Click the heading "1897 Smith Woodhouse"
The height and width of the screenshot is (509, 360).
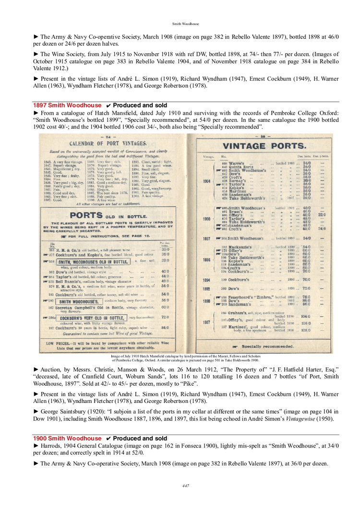click(x=67, y=105)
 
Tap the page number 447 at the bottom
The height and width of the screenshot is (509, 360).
click(x=186, y=485)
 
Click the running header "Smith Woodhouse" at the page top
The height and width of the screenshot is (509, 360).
click(x=186, y=24)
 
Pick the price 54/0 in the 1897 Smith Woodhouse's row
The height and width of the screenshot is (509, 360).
click(x=306, y=238)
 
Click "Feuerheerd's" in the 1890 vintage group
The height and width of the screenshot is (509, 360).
click(x=240, y=297)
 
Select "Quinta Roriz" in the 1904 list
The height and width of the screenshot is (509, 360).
click(x=236, y=167)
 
